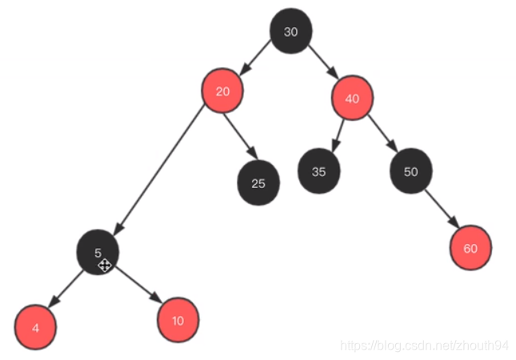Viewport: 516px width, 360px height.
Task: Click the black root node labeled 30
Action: [291, 32]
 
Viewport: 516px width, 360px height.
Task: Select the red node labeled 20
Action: [222, 91]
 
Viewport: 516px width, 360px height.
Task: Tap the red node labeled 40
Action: [352, 98]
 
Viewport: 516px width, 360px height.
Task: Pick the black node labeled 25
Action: [258, 183]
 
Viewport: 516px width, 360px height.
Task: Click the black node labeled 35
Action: [319, 171]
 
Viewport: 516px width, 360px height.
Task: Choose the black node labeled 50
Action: [411, 171]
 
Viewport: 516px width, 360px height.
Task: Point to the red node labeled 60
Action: [470, 248]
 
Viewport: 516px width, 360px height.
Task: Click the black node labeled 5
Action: [98, 252]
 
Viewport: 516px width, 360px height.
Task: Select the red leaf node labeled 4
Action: [35, 328]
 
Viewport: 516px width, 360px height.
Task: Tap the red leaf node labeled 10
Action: [178, 320]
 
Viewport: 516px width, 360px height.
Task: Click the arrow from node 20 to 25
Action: [239, 136]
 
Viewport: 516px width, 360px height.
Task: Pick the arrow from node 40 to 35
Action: [338, 134]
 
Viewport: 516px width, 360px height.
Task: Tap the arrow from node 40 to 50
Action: [382, 134]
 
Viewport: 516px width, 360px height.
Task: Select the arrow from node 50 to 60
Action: [441, 210]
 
